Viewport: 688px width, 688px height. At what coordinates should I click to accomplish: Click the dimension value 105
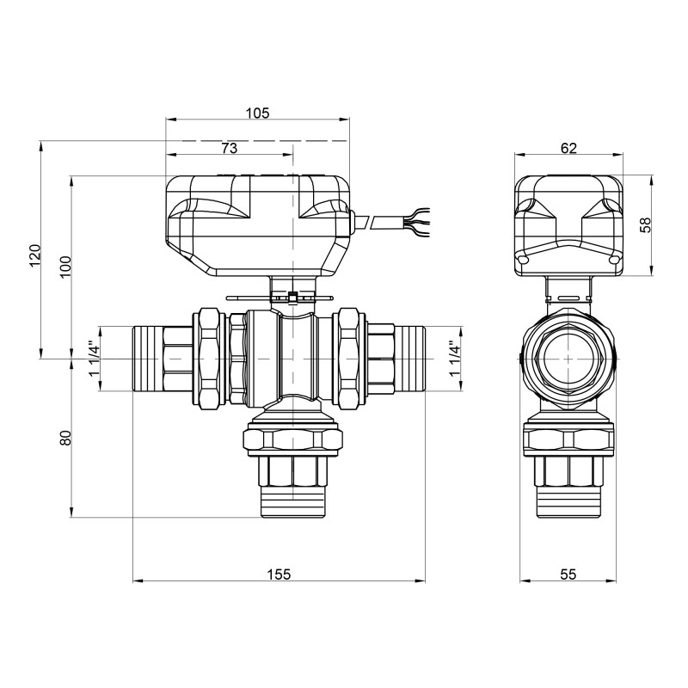click(257, 113)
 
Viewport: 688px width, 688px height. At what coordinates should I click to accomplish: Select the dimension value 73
click(229, 148)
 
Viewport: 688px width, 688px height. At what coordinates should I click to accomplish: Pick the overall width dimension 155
click(279, 574)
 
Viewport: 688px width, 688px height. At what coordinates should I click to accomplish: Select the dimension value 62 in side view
click(568, 148)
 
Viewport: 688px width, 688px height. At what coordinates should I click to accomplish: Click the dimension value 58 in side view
click(647, 225)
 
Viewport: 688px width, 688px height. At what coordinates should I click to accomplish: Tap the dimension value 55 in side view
click(568, 574)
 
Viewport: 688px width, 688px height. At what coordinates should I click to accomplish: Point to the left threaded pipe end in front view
click(150, 358)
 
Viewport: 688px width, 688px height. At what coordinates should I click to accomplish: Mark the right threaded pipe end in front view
click(410, 358)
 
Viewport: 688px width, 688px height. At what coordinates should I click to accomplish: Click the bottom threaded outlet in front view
click(292, 503)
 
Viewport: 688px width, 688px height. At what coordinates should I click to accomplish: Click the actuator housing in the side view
click(568, 225)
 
